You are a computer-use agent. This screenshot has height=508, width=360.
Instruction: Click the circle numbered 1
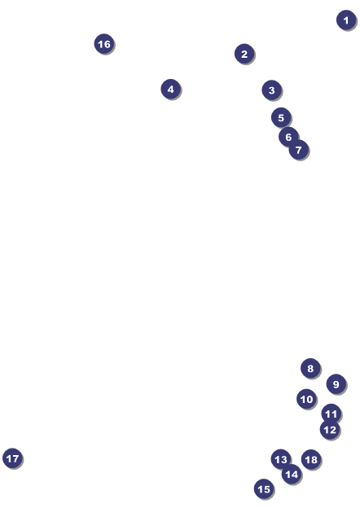coord(346,20)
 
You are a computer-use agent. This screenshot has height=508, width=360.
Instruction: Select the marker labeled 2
coord(244,54)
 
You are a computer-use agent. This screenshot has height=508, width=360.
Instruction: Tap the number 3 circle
coord(271,90)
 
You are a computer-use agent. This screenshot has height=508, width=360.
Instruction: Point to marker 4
coord(171,89)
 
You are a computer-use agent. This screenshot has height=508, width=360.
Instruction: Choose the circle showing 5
coord(281,117)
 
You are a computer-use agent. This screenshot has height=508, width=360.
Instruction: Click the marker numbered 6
coord(288,137)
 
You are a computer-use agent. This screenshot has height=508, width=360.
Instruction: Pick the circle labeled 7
coord(298,150)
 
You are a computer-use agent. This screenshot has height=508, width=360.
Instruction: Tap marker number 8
coord(310,368)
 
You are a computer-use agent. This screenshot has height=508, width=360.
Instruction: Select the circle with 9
coord(336,384)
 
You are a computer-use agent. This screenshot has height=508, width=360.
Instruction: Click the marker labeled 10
coord(306,399)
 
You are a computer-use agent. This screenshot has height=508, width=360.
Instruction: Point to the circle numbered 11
coord(331,414)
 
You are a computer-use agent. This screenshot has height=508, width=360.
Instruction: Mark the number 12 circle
coord(330,430)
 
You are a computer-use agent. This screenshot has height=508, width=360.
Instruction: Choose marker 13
coord(281,459)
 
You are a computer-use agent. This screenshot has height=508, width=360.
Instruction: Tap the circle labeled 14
coord(292,475)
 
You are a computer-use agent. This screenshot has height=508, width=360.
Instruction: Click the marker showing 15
coord(264,489)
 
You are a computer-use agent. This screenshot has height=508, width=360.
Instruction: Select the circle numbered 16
coord(104,44)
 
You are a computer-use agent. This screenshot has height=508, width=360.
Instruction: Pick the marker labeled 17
coord(12,458)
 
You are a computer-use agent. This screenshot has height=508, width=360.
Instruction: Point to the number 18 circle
coord(311,459)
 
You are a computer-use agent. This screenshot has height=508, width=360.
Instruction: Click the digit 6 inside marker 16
coord(108,44)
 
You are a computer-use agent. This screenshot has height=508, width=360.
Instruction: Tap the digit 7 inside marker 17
coord(15,458)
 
